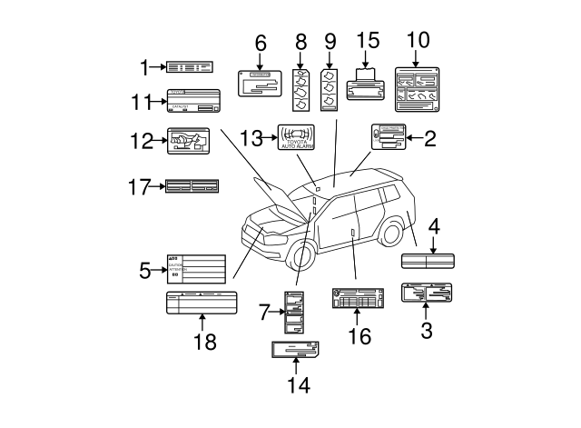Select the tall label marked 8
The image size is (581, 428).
tap(302, 89)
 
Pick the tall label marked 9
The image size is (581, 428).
tap(330, 87)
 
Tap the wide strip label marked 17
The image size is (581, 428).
tap(192, 186)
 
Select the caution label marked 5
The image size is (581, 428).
tap(195, 269)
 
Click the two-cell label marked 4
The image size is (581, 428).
tap(428, 261)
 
